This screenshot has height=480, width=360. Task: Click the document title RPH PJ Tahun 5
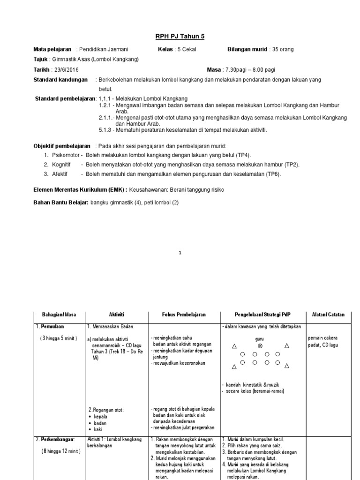point(180,36)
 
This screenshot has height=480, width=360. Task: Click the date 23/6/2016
point(66,69)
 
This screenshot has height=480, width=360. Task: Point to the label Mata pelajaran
point(52,49)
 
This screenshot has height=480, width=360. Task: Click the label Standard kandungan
point(60,80)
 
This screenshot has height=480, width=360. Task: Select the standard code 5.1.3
point(107,130)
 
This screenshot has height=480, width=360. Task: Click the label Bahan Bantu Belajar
point(61,202)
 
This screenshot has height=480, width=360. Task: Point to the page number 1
point(180,253)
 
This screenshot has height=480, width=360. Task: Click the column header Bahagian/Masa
point(58,315)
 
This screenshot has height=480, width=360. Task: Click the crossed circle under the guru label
point(260,345)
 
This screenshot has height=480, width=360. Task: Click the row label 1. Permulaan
point(51,325)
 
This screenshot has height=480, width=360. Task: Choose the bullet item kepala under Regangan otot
point(100,416)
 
